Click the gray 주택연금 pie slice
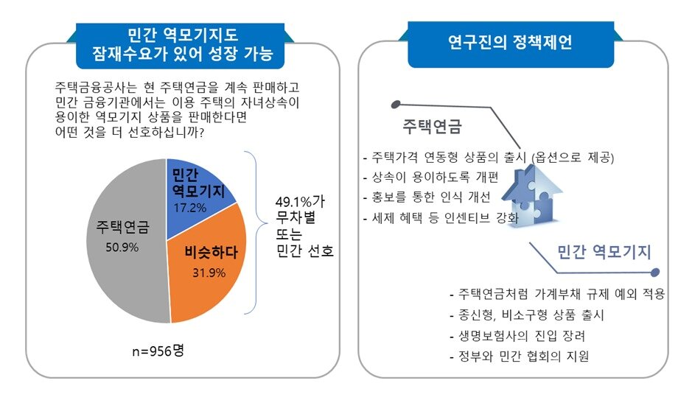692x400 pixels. tap(122, 243)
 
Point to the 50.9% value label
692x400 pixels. tap(122, 247)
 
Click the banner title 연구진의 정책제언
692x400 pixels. tap(510, 42)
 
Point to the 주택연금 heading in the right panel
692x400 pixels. tap(432, 127)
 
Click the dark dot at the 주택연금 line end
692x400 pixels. tap(396, 104)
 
